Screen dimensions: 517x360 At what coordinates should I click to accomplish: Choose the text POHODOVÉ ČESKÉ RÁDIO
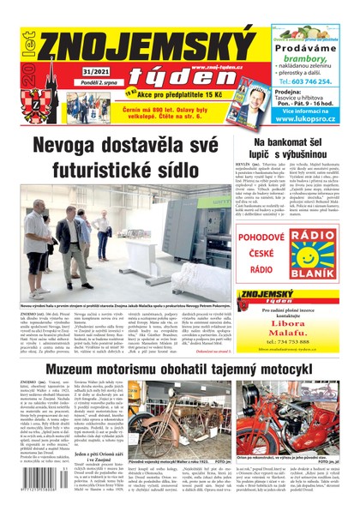pos(255,249)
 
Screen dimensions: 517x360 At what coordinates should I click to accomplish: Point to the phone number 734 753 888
pos(298,329)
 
